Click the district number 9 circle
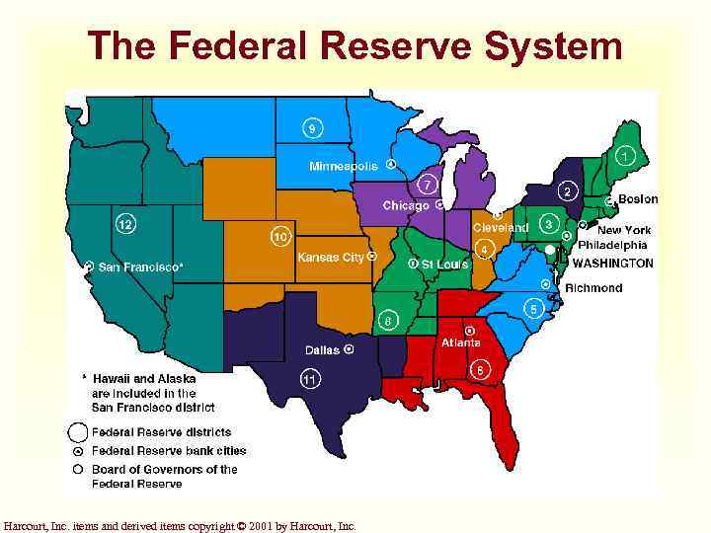click(x=312, y=128)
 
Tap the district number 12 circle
click(x=125, y=224)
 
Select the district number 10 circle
click(x=280, y=237)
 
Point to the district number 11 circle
click(x=310, y=377)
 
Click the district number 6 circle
click(x=480, y=369)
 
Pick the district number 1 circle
click(x=625, y=156)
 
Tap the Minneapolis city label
click(x=345, y=166)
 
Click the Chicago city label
click(x=406, y=205)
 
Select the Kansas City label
click(x=331, y=257)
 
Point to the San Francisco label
click(x=140, y=266)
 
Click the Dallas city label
click(x=322, y=349)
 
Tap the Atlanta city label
click(x=461, y=343)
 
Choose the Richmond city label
click(x=593, y=288)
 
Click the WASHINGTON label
click(x=612, y=264)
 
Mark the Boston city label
click(x=638, y=199)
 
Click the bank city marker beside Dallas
click(x=349, y=349)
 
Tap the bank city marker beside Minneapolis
click(x=391, y=165)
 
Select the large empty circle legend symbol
click(x=77, y=432)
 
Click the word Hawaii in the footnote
click(x=113, y=378)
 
